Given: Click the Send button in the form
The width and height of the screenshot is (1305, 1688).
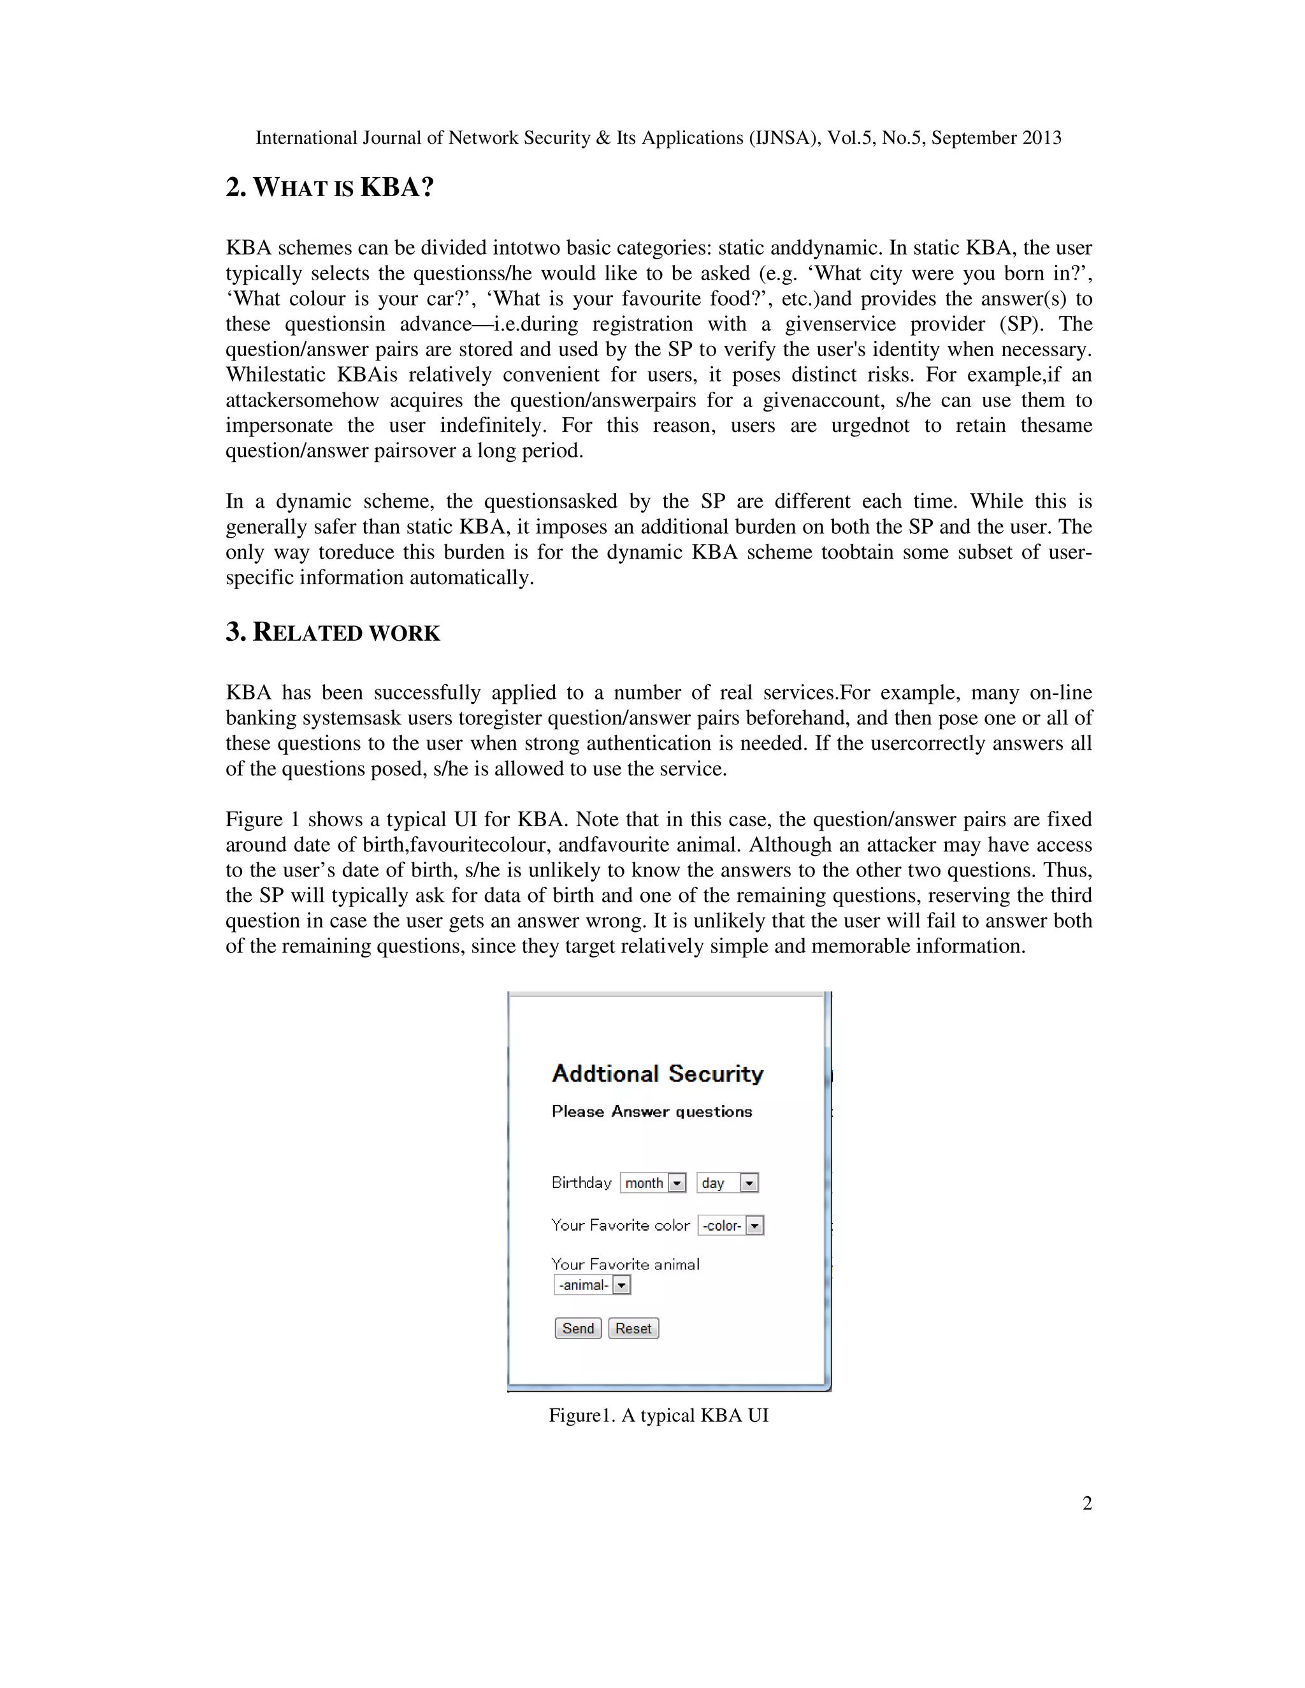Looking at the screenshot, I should [x=577, y=1328].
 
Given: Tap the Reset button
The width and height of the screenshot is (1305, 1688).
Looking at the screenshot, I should [x=633, y=1328].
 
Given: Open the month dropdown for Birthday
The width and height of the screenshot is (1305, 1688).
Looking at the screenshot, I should [x=653, y=1182].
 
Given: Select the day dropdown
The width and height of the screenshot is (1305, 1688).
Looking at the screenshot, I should [x=726, y=1182].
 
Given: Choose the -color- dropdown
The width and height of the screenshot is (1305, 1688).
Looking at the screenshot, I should [x=731, y=1225].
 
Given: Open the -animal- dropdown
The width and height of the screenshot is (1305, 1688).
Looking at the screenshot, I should [x=592, y=1285].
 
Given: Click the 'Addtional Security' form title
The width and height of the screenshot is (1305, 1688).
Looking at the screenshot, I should [x=657, y=1073].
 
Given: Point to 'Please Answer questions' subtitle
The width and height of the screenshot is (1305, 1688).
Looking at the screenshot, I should [x=652, y=1112].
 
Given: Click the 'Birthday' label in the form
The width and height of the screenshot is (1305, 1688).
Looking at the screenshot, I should [x=581, y=1182].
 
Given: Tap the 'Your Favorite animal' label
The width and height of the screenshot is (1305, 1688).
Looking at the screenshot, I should [x=624, y=1264].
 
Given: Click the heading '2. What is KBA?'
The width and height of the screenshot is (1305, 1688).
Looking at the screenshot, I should [x=329, y=187].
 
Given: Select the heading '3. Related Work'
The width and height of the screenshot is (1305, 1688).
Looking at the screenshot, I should [x=333, y=633].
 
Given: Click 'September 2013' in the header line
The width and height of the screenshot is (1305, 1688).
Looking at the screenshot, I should [x=996, y=138].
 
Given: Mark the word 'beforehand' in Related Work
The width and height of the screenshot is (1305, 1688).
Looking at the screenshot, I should [x=795, y=717].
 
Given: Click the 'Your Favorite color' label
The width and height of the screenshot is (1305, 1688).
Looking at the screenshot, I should [x=620, y=1225].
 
